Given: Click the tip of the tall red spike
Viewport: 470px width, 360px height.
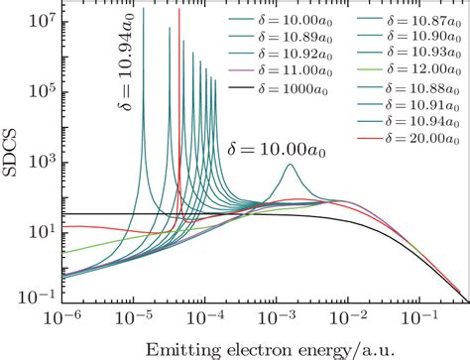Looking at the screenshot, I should [178, 10].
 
